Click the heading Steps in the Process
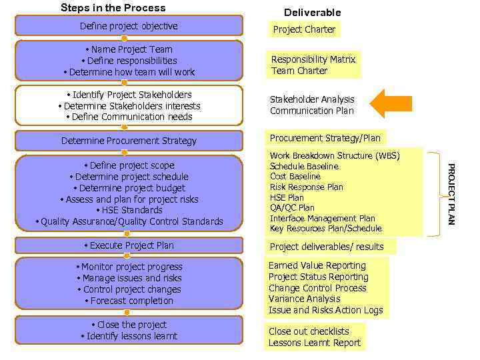point(113,8)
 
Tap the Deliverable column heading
point(312,13)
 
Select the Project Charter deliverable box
point(304,29)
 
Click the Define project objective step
point(129,26)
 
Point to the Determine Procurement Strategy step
point(129,141)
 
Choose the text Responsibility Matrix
point(313,59)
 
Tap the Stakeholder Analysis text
point(312,99)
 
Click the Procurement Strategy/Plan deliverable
point(325,138)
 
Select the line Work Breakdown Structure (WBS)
point(335,156)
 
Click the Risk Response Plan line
point(307,187)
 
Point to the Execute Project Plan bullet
point(129,245)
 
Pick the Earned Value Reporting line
point(317,265)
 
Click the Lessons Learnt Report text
point(314,343)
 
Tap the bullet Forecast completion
point(129,301)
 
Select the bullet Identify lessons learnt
point(129,336)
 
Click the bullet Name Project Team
point(129,49)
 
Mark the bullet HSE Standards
point(129,210)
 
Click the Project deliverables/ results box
point(326,247)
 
